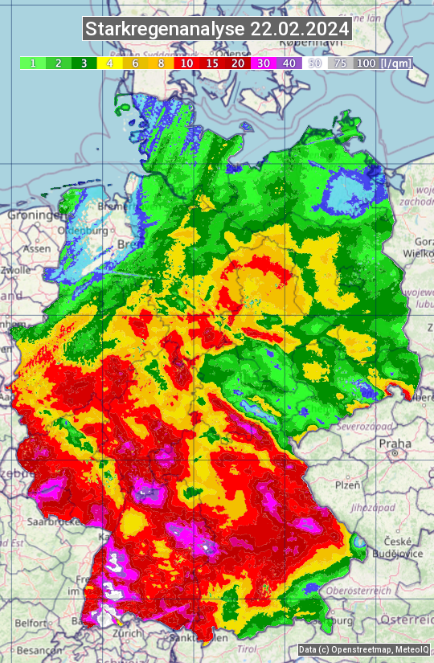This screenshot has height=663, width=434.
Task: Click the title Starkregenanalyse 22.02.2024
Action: pyautogui.click(x=217, y=30)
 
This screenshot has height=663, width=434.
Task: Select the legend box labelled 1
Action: pyautogui.click(x=32, y=63)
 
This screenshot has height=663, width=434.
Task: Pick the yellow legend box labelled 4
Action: pyautogui.click(x=108, y=63)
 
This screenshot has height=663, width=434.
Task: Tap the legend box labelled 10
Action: pyautogui.click(x=186, y=63)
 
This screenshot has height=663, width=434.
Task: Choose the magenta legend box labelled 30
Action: pyautogui.click(x=264, y=63)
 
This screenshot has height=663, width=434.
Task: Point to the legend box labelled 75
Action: pyautogui.click(x=341, y=63)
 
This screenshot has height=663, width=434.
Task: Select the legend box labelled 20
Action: pyautogui.click(x=238, y=63)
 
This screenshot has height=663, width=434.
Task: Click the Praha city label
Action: pyautogui.click(x=395, y=443)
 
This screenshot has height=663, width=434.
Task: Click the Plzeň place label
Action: pyautogui.click(x=347, y=485)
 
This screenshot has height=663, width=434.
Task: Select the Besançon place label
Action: pyautogui.click(x=29, y=649)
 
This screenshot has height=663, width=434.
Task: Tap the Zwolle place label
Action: pyautogui.click(x=14, y=270)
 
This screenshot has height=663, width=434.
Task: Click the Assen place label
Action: pyautogui.click(x=36, y=249)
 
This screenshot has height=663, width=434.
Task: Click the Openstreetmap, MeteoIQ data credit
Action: pyautogui.click(x=363, y=649)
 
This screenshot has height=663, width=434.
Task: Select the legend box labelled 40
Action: pyautogui.click(x=289, y=63)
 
